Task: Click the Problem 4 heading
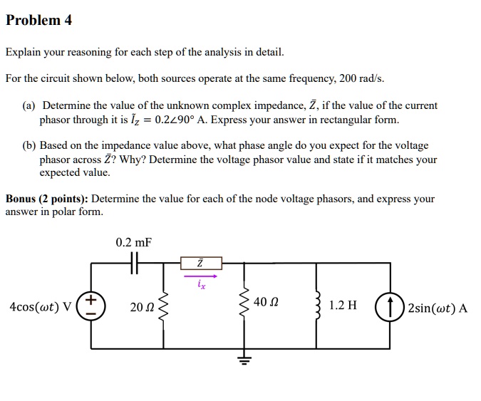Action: click(x=38, y=20)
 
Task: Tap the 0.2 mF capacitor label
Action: click(x=133, y=244)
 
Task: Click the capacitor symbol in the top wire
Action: click(x=134, y=263)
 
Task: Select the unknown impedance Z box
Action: click(x=200, y=264)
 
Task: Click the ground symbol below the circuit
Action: click(x=245, y=359)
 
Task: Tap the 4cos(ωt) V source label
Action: click(x=41, y=308)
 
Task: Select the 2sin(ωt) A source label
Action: click(x=437, y=308)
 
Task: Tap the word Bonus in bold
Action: click(x=22, y=199)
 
